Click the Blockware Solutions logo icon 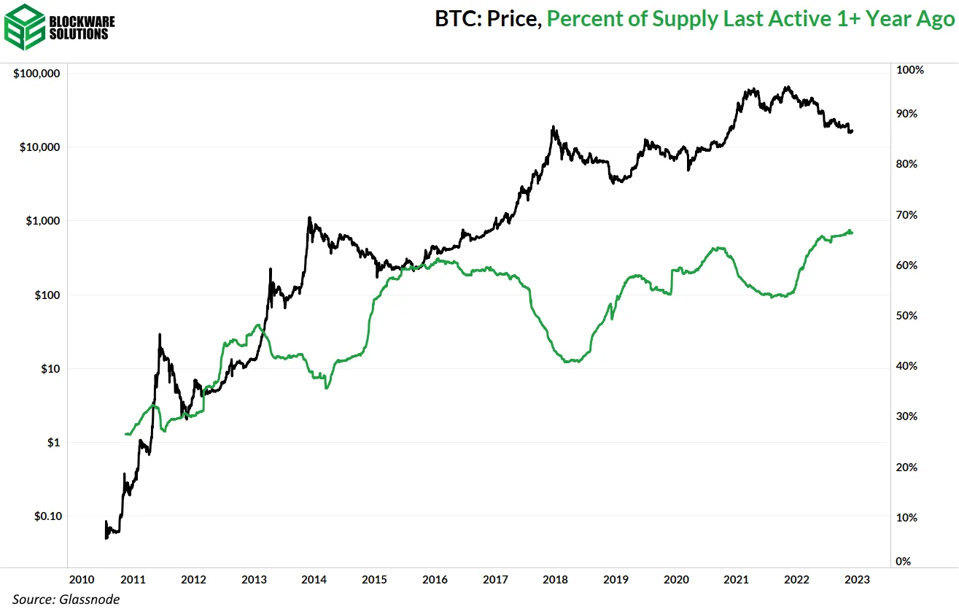[24, 27]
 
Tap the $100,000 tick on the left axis [36, 74]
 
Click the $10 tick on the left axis [52, 369]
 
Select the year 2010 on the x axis [81, 580]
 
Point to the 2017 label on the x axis [495, 580]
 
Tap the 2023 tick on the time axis [856, 580]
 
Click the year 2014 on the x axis [314, 580]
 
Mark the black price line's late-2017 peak [554, 127]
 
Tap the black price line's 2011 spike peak [160, 335]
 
